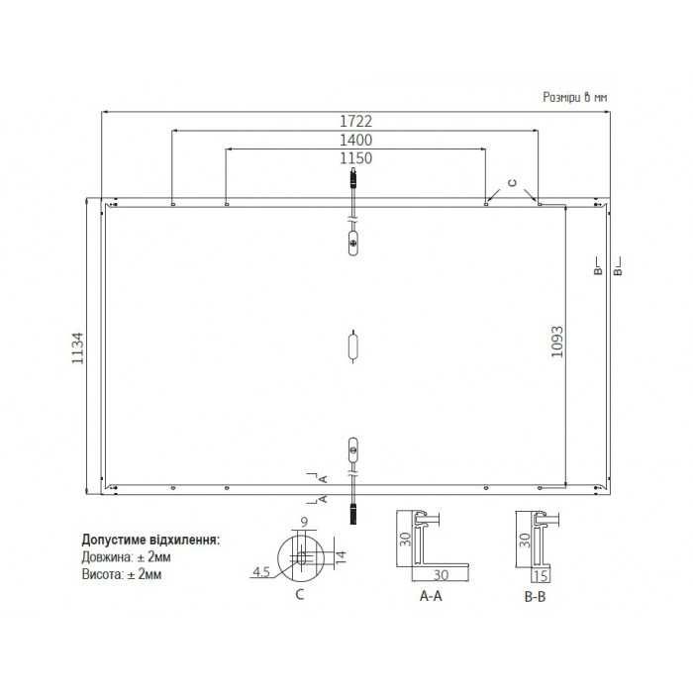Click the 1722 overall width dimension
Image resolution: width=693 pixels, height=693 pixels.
coord(355,121)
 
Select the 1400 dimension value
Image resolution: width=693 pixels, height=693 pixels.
coord(355,140)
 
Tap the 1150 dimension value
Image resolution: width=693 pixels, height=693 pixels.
coord(355,158)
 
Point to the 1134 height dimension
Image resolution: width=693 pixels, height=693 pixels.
coord(77,348)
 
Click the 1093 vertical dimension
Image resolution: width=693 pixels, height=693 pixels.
coord(557,342)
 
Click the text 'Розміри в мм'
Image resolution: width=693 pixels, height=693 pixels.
coord(575,97)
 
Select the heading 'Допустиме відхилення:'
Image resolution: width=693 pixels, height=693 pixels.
coord(150,540)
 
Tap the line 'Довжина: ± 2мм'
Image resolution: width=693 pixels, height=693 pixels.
coord(126,556)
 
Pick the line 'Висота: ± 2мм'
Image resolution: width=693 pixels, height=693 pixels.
coord(122,574)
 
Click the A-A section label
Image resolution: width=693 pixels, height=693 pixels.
coord(431,596)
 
